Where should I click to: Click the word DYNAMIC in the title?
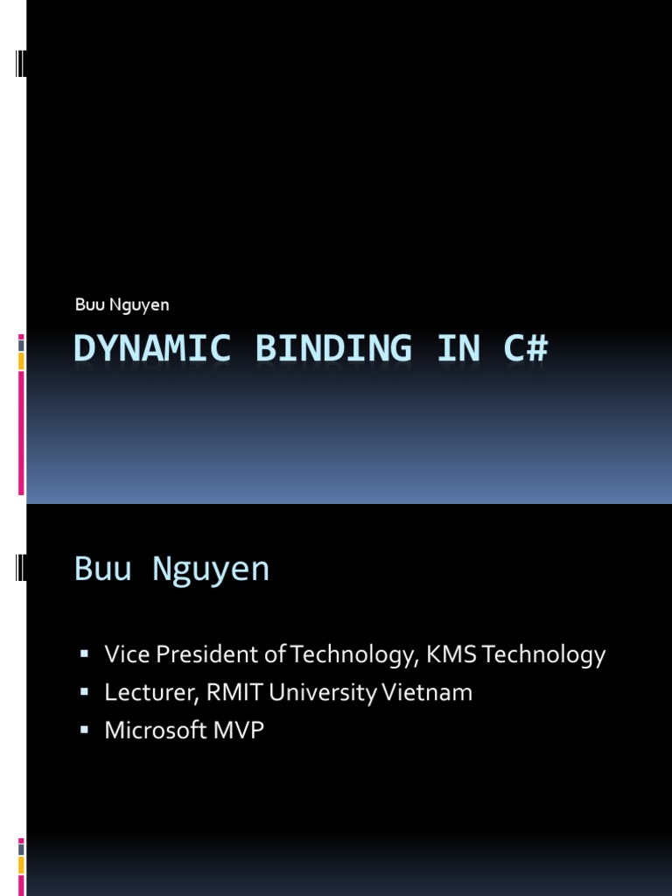tap(153, 348)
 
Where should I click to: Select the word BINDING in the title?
tap(333, 348)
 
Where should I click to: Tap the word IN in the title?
tap(458, 348)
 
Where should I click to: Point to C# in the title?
tap(525, 348)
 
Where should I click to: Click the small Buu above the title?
tap(88, 304)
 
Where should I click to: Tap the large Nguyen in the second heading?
tap(211, 570)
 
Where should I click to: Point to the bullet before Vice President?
tap(85, 654)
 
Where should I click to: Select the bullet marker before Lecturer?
tap(85, 692)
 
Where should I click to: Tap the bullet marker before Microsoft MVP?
tap(85, 730)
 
